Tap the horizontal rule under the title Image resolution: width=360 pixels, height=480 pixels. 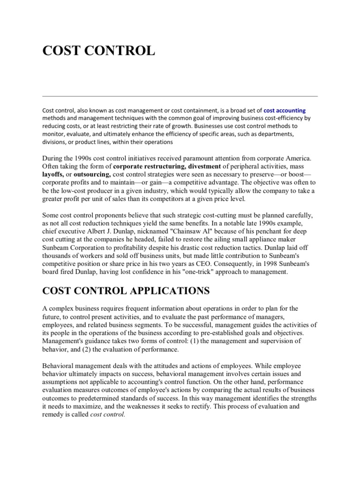point(180,96)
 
